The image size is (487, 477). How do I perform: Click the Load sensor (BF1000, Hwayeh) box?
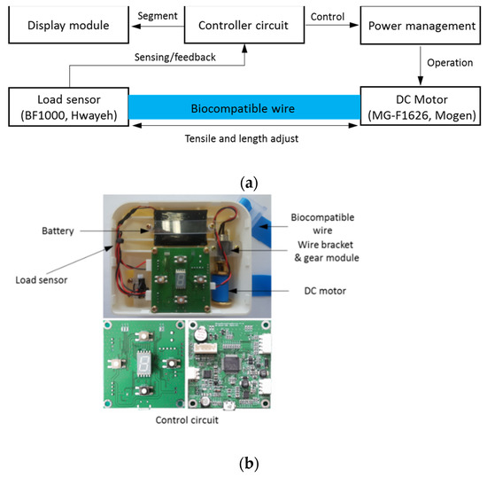tap(67, 109)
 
